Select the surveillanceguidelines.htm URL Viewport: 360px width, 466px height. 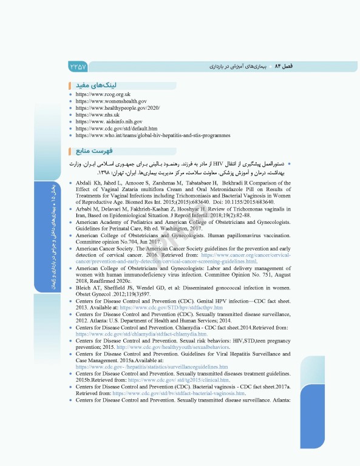(152, 366)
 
